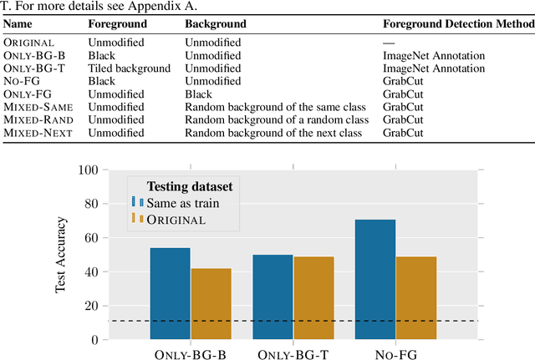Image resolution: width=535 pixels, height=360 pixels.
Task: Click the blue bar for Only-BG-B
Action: [171, 293]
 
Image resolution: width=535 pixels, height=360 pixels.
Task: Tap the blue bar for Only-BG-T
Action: [273, 297]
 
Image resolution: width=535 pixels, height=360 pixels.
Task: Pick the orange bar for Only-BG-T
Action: [313, 297]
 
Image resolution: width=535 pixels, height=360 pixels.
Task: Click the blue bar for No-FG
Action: [375, 279]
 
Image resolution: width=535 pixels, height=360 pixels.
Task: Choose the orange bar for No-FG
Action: [416, 297]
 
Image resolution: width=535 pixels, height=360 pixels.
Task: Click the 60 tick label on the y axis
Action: [92, 238]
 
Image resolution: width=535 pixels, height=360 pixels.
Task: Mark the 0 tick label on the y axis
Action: [95, 340]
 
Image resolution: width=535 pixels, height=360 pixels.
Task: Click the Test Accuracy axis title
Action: [61, 255]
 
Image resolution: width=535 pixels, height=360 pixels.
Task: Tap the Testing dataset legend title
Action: [190, 185]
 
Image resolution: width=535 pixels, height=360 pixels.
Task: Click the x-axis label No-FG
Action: [395, 353]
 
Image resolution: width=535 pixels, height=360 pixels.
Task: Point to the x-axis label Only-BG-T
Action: [293, 353]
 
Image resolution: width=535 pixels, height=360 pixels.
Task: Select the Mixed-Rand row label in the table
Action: [38, 119]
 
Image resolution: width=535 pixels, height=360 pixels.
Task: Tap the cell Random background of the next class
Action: [276, 132]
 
